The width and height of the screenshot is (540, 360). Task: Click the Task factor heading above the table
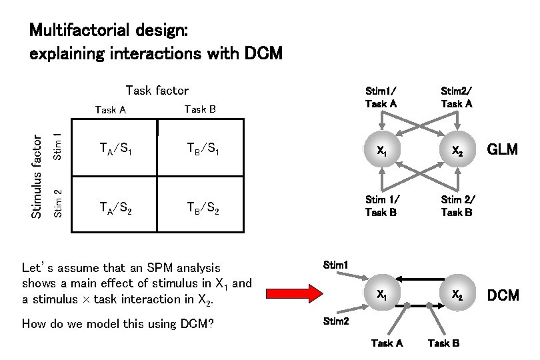[x=157, y=91]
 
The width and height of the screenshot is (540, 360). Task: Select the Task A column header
[x=111, y=110]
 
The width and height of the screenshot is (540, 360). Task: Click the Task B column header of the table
[x=199, y=109]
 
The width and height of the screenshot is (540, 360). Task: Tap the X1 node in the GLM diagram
[x=381, y=151]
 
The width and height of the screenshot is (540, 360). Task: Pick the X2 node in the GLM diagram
[x=457, y=151]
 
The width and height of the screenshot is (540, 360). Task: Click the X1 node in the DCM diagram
[x=381, y=293]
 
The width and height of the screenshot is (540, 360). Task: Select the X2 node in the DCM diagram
[x=457, y=293]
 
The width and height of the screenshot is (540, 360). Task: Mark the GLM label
[x=503, y=149]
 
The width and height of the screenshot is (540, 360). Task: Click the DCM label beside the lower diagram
[x=503, y=295]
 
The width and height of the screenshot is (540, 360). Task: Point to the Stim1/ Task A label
[x=381, y=97]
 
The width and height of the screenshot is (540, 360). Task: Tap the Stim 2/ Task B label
[x=457, y=206]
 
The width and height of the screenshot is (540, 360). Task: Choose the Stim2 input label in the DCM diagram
[x=335, y=321]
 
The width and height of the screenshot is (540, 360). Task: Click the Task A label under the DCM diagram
[x=387, y=343]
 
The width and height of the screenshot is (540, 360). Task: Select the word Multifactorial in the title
[x=83, y=31]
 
